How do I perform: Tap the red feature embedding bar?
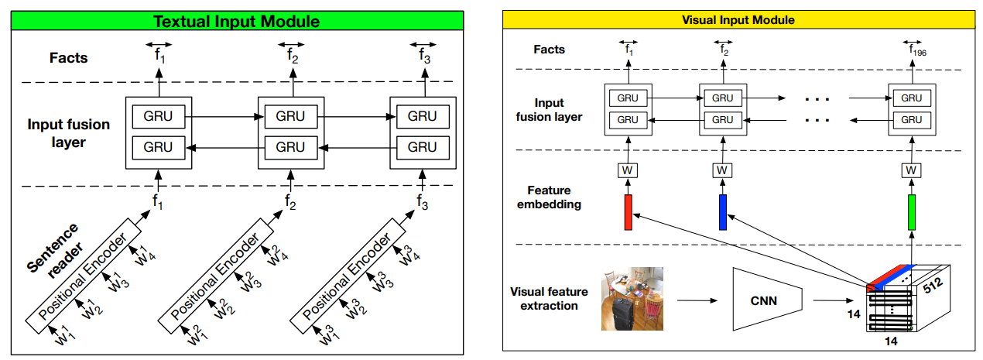pos(629,212)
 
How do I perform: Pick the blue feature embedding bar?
pos(723,212)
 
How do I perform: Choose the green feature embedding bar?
pos(912,212)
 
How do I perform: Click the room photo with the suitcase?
pos(633,298)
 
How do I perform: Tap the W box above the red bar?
pos(629,169)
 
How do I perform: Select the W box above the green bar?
pos(912,169)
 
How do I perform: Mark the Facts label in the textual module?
pos(69,57)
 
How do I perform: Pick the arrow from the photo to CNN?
pos(693,299)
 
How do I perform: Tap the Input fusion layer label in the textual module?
pos(69,132)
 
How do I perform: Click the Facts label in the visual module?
pos(550,50)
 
